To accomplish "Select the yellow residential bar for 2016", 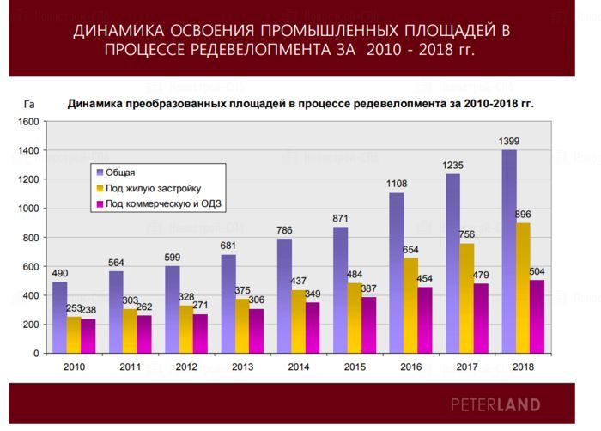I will (410, 306).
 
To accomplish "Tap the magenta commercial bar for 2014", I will (313, 327).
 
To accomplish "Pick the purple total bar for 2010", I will (59, 318).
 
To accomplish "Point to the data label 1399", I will (509, 141).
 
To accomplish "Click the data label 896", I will (523, 214).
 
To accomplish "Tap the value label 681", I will (228, 246).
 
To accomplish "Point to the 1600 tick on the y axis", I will (28, 122).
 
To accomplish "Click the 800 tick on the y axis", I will (31, 238).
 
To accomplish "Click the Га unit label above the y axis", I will (28, 104).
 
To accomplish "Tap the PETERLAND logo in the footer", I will (495, 404).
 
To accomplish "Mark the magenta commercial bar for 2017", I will (481, 318).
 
